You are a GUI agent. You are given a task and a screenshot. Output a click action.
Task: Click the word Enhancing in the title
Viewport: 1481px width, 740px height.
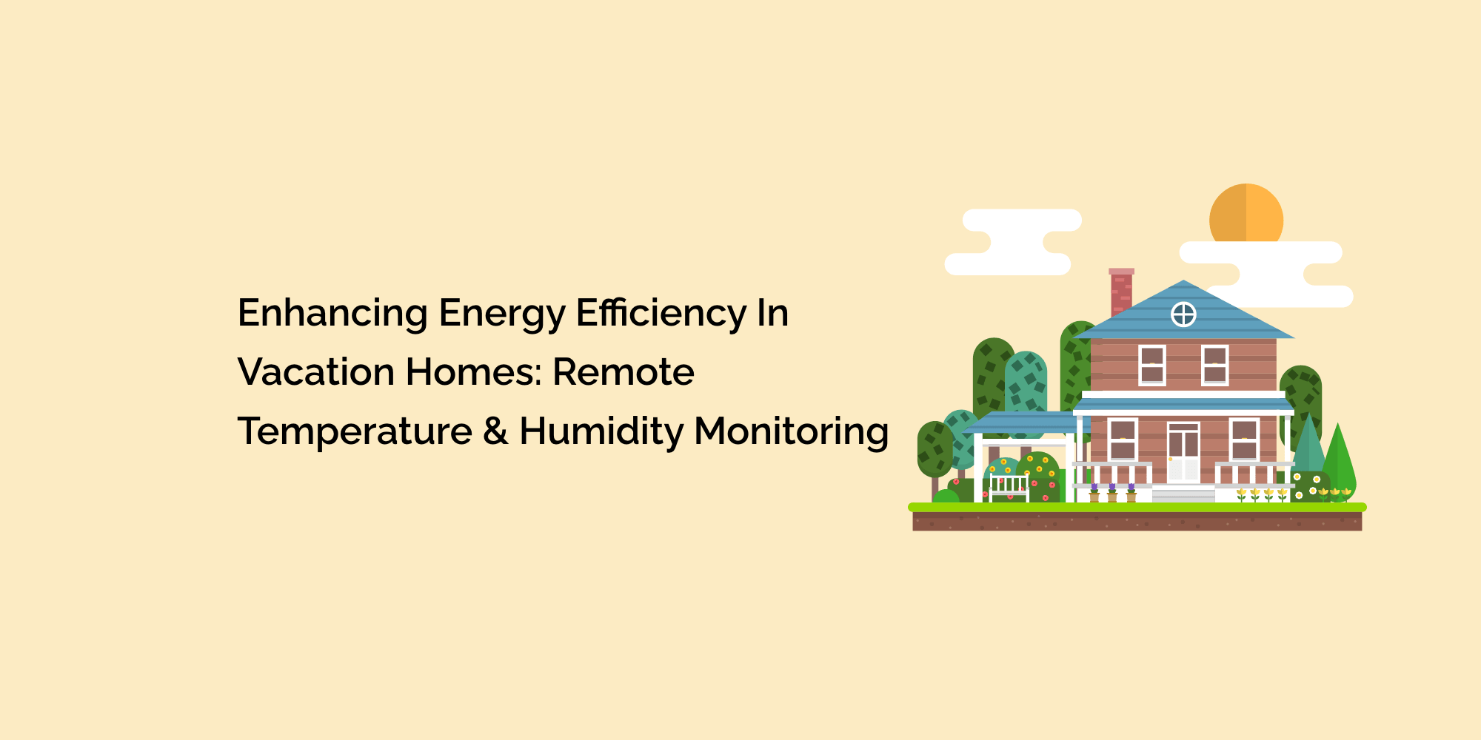tap(332, 314)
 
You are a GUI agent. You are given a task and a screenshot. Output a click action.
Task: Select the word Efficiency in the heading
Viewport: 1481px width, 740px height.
tap(661, 314)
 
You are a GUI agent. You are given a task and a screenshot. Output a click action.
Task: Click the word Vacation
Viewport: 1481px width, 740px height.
tap(316, 371)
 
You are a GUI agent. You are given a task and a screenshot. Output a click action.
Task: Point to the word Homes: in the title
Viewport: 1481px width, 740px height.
tap(474, 371)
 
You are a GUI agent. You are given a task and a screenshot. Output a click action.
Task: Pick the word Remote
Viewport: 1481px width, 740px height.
tap(624, 371)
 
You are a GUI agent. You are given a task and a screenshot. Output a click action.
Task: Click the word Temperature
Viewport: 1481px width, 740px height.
tap(355, 432)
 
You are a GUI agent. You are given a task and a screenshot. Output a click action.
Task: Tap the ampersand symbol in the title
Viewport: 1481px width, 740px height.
tap(495, 431)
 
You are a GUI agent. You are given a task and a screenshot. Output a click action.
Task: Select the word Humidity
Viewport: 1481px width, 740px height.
tap(601, 432)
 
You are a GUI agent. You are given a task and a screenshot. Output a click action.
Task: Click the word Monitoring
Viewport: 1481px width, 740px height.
tap(791, 432)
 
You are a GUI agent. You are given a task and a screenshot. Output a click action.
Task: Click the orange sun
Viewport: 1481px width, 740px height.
tap(1246, 213)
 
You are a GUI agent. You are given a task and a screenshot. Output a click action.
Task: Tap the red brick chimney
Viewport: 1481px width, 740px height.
tap(1121, 292)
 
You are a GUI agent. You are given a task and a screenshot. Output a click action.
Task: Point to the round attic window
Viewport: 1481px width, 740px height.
tap(1183, 314)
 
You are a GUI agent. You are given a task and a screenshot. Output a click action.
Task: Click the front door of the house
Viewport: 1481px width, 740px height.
tap(1183, 452)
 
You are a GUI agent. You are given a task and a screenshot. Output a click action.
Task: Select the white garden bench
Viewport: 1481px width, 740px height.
tap(1009, 488)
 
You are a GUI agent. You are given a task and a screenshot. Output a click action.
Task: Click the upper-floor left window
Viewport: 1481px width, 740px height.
tap(1152, 365)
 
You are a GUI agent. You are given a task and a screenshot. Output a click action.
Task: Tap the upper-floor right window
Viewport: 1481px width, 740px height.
tap(1215, 365)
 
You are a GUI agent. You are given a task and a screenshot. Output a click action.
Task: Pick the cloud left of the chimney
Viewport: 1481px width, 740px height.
tap(1012, 242)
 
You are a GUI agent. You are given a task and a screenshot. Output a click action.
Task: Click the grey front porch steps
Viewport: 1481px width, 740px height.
tap(1183, 494)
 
